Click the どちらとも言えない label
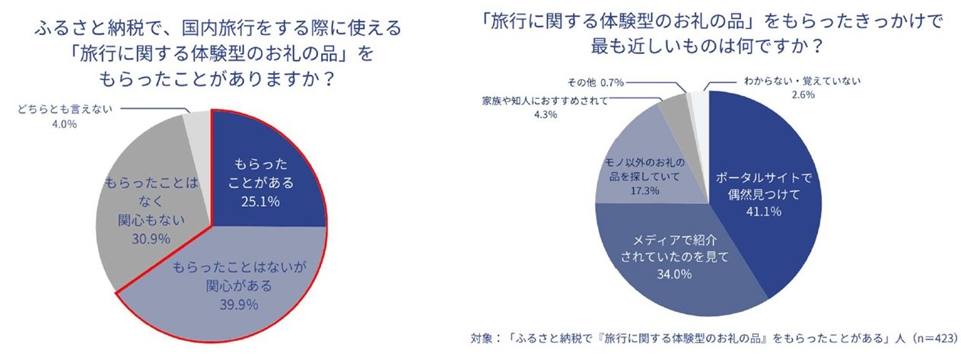click(x=65, y=110)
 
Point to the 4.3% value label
click(x=546, y=115)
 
